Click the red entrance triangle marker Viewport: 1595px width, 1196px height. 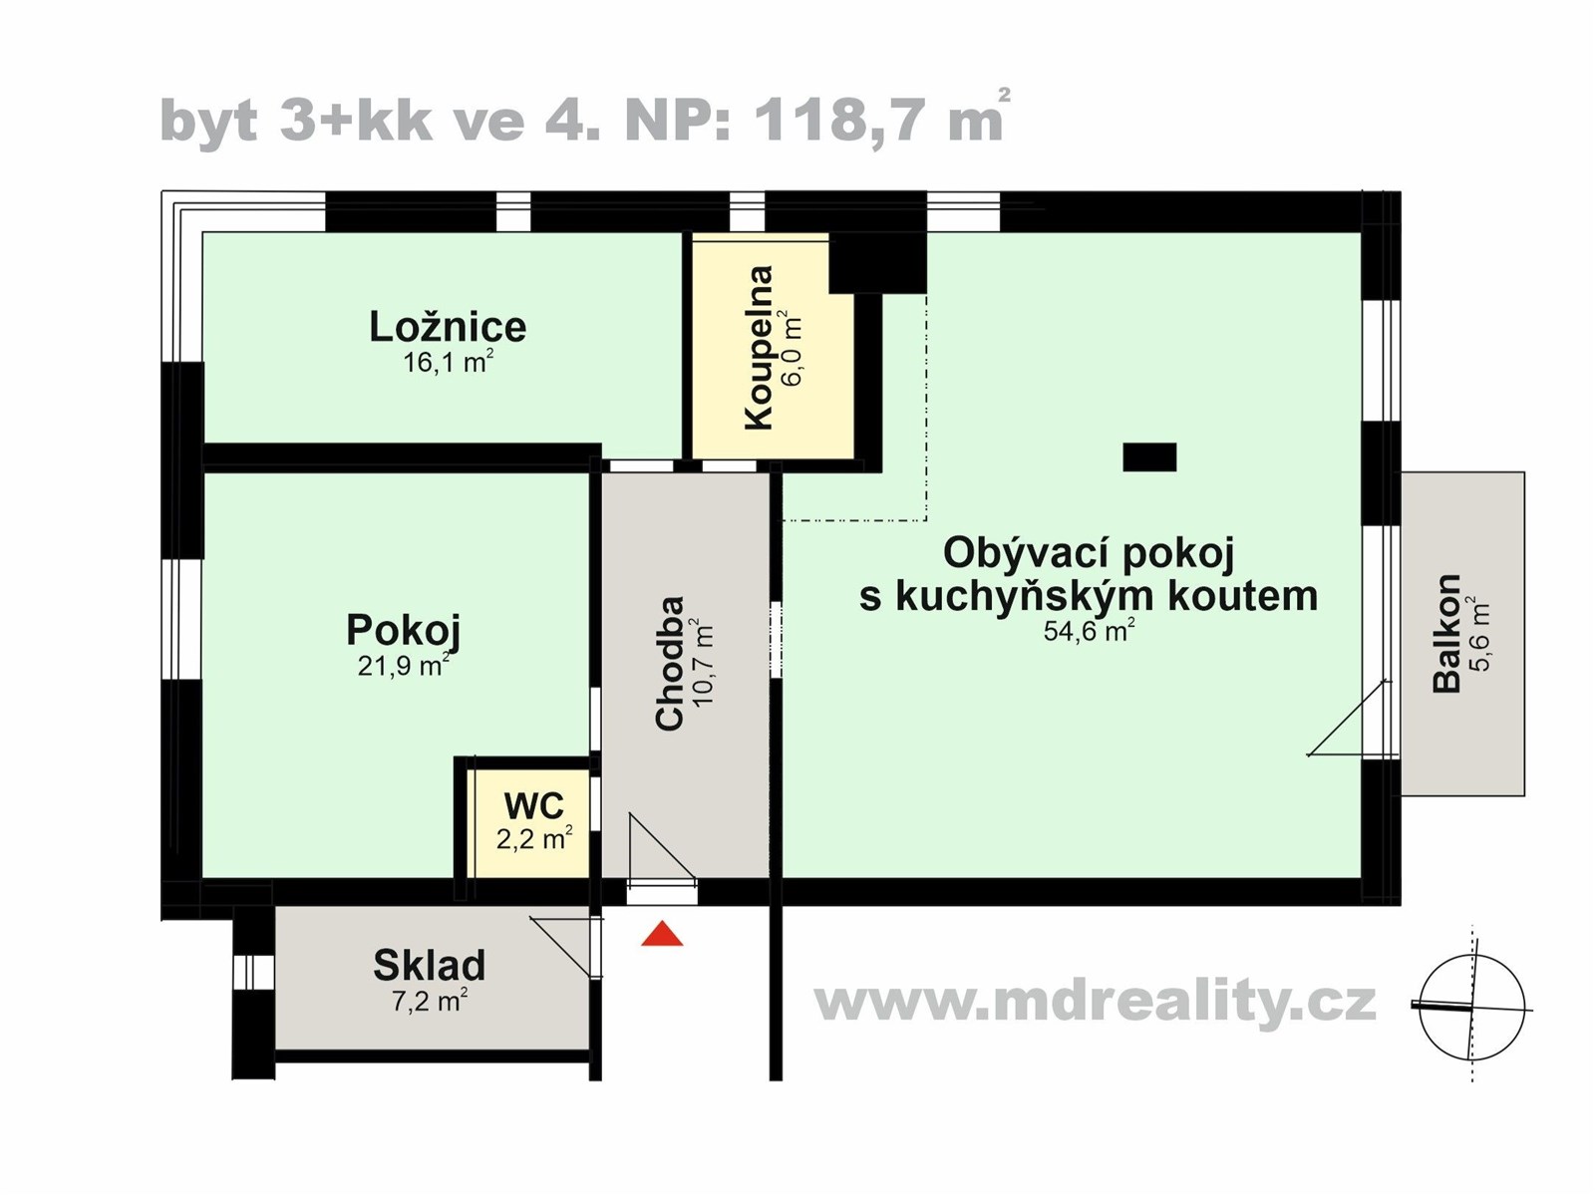[662, 935]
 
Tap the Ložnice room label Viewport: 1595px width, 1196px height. [448, 327]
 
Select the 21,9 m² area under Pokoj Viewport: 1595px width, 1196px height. [403, 665]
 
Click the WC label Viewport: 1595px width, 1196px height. [533, 805]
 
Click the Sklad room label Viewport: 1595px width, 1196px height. [429, 965]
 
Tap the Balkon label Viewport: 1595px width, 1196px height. [1446, 633]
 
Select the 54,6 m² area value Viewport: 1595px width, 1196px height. [1089, 631]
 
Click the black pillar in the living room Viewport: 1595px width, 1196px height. [1149, 456]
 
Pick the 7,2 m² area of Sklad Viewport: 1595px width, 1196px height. [429, 1000]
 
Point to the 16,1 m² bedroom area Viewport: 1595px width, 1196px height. [448, 362]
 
